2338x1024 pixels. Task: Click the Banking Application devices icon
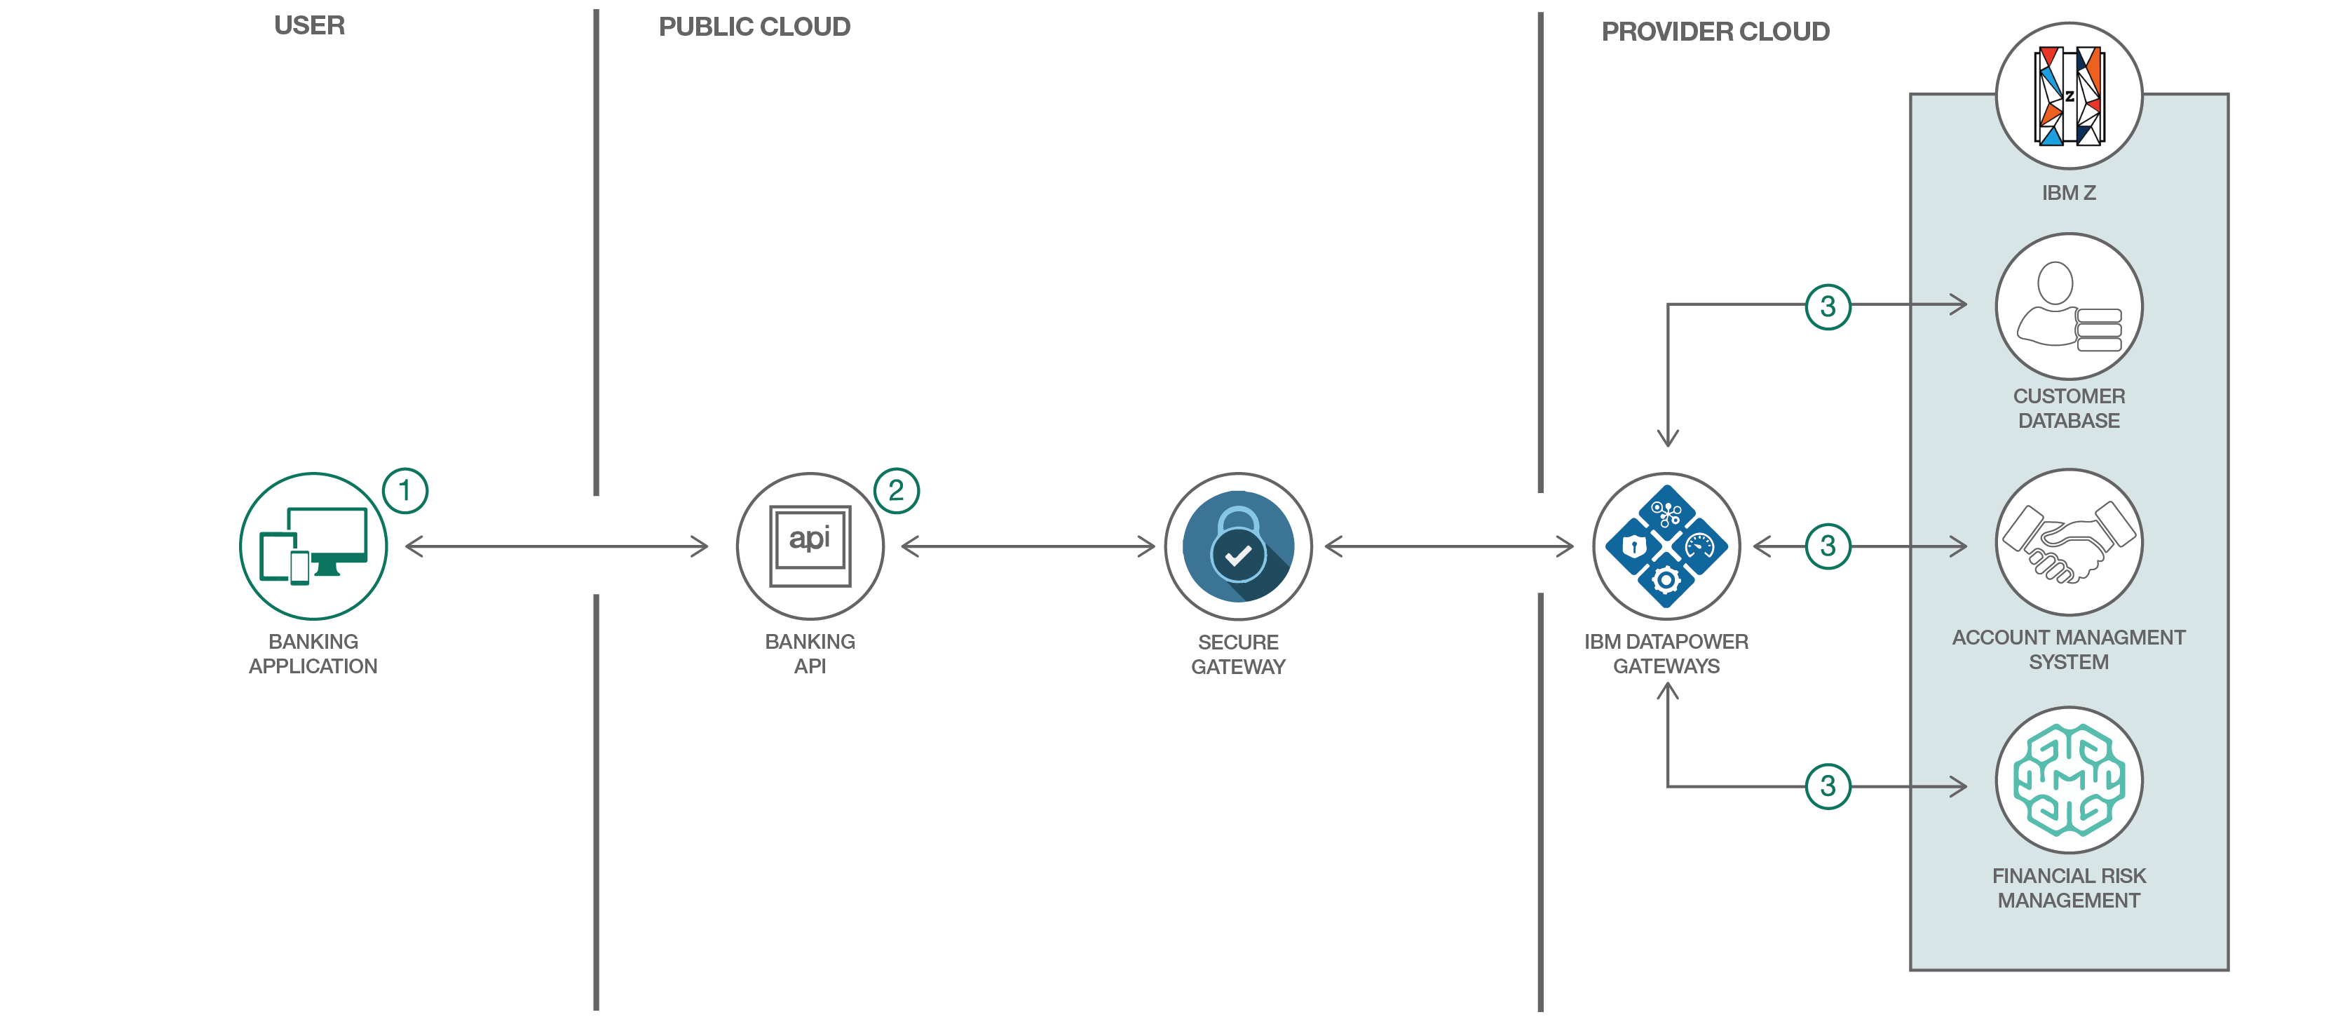point(313,546)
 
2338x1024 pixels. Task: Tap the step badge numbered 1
point(405,491)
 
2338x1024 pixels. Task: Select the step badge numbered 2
point(896,491)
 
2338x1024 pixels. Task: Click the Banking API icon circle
point(810,546)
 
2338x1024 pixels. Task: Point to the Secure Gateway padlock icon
point(1238,546)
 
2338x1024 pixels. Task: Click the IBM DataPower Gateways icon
point(1666,546)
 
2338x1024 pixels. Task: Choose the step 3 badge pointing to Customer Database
point(1828,306)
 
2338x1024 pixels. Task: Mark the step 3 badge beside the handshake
point(1828,546)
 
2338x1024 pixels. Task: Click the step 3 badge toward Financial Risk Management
point(1828,786)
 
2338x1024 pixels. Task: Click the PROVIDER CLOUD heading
point(1715,32)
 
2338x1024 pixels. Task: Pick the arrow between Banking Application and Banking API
point(555,546)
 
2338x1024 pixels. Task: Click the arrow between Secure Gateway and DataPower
point(1450,546)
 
